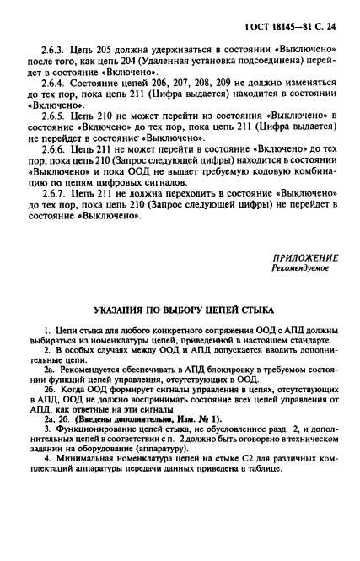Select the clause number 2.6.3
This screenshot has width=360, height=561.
click(x=51, y=51)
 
